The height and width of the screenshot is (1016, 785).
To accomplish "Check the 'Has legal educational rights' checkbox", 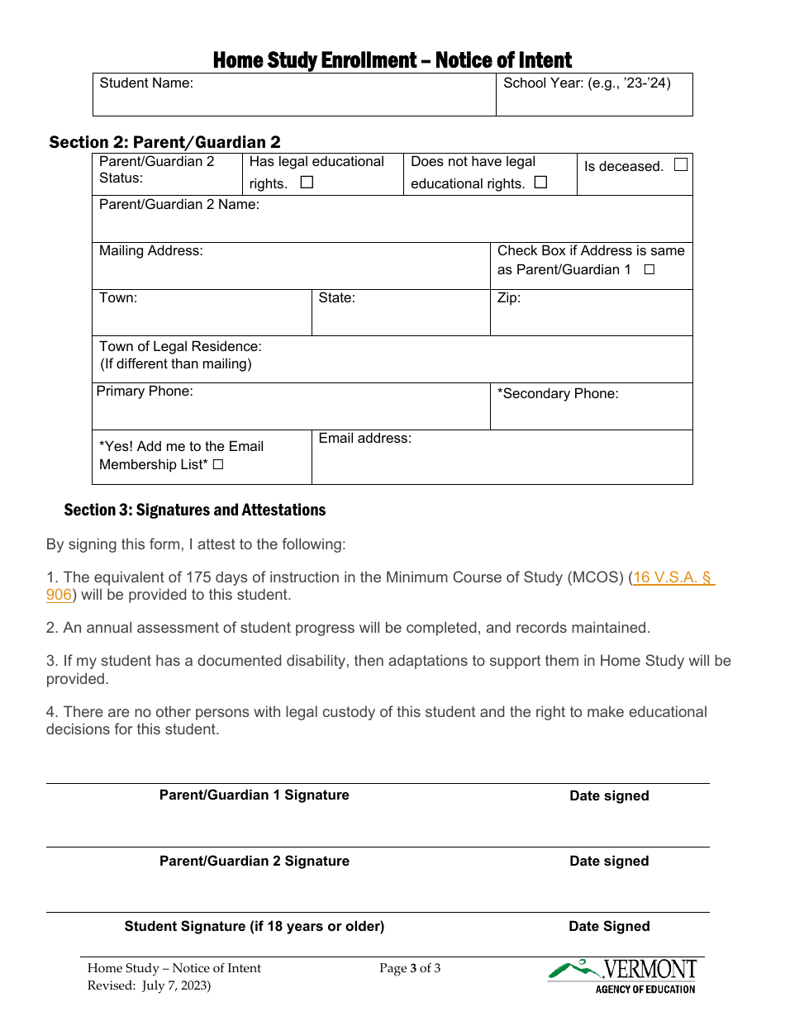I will point(307,183).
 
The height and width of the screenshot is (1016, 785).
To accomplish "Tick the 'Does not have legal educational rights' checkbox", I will point(540,183).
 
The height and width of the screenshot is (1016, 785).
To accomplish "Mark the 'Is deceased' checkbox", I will point(680,165).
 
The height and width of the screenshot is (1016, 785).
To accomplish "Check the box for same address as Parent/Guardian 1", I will point(649,270).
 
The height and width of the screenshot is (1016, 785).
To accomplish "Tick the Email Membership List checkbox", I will point(218,465).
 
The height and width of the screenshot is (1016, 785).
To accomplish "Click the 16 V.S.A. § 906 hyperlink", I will point(673,578).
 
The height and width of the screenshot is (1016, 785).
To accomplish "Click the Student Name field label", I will point(146,83).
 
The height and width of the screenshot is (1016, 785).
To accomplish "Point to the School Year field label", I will point(587,83).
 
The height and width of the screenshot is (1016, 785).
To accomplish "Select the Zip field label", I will point(509,298).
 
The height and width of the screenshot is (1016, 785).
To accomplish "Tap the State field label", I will point(336,298).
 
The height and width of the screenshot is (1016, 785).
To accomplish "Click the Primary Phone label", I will point(145,392).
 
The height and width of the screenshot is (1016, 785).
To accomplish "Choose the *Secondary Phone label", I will point(558,394).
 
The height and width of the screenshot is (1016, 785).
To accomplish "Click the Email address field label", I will point(364,439).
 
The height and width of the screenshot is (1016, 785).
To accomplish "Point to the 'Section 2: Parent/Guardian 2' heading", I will point(164,142).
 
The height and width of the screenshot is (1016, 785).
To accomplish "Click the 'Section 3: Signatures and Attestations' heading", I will point(195,510).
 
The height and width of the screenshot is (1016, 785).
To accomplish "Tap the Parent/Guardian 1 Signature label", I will point(254,795).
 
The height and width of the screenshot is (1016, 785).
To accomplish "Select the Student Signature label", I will point(254,927).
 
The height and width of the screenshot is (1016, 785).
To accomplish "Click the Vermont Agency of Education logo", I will point(623,976).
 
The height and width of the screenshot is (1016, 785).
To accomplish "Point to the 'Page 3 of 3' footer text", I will point(410,969).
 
